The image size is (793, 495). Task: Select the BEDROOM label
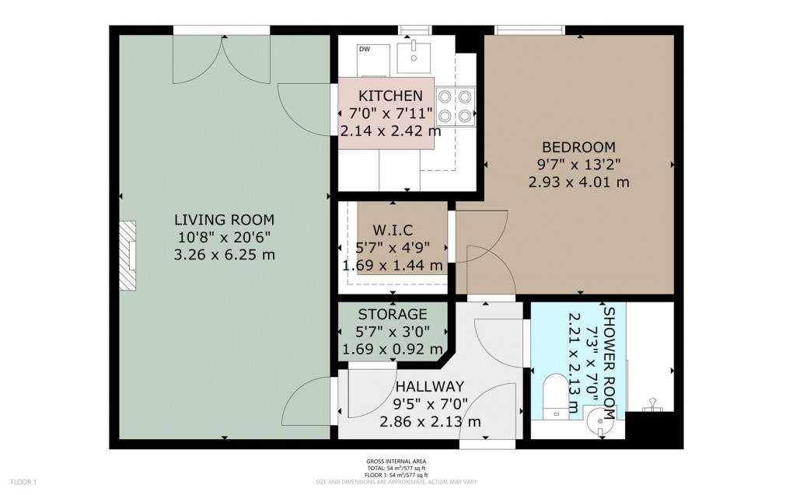578,147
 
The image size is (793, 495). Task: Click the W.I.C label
393,230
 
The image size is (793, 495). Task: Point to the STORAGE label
392,315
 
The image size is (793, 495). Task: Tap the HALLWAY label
429,386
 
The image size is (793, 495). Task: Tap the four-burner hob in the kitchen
456,106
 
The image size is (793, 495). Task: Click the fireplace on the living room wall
128,256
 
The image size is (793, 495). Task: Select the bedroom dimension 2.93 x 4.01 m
578,182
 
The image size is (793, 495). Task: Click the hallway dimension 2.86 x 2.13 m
429,421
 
